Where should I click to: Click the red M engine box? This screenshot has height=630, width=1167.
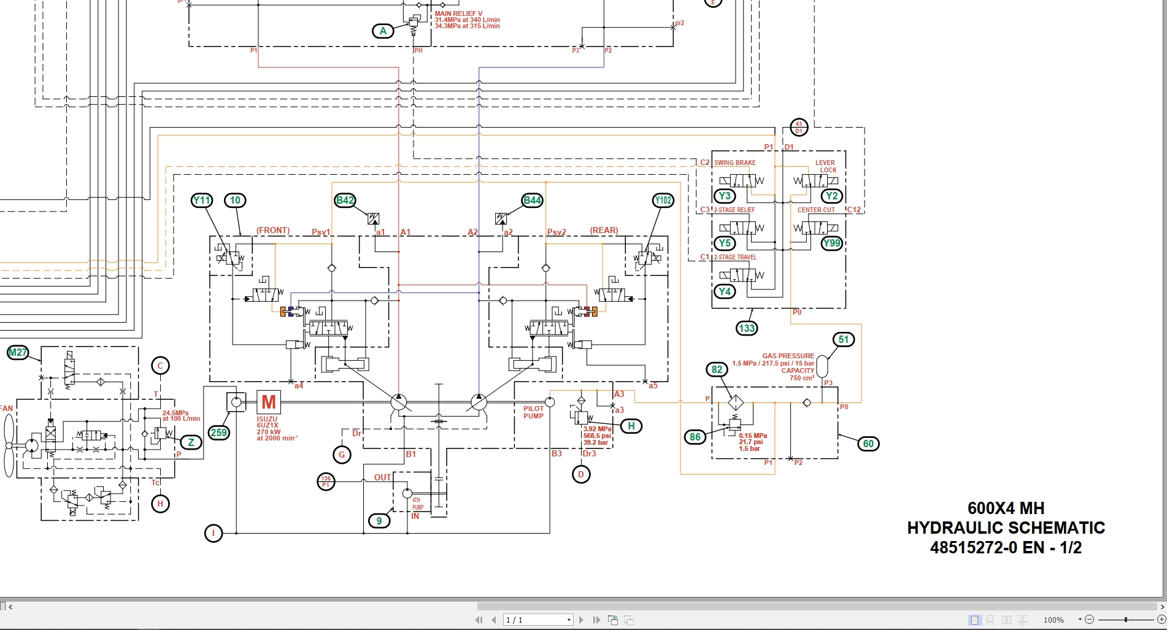click(x=269, y=402)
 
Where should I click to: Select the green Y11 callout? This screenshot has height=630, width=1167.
click(x=201, y=200)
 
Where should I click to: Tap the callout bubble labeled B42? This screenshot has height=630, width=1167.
click(x=345, y=200)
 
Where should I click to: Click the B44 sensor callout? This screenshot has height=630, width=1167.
click(x=532, y=200)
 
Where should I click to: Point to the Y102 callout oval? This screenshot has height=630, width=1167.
click(x=663, y=200)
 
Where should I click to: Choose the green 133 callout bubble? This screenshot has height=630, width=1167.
click(x=747, y=328)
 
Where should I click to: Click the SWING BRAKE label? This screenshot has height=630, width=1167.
click(x=735, y=163)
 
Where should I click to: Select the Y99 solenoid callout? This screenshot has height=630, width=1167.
click(x=831, y=243)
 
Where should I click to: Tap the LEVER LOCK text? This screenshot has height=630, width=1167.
click(x=825, y=166)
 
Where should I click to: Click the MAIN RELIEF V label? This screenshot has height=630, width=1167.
click(x=458, y=13)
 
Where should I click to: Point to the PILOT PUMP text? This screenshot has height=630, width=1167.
click(x=533, y=412)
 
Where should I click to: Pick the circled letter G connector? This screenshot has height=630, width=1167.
click(x=342, y=455)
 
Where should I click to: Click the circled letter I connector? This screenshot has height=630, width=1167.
click(x=214, y=533)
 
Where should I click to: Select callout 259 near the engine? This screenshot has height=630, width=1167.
click(x=219, y=432)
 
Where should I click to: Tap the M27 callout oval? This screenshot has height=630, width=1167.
click(x=18, y=352)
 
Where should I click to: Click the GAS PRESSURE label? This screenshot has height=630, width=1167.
click(x=788, y=356)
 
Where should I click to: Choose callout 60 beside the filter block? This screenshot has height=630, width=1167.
click(x=868, y=444)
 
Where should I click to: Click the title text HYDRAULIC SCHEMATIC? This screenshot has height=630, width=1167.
click(x=1006, y=528)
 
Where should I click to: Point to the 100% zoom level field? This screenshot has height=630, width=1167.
click(x=1053, y=620)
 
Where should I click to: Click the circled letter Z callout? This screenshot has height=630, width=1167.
click(x=191, y=442)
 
